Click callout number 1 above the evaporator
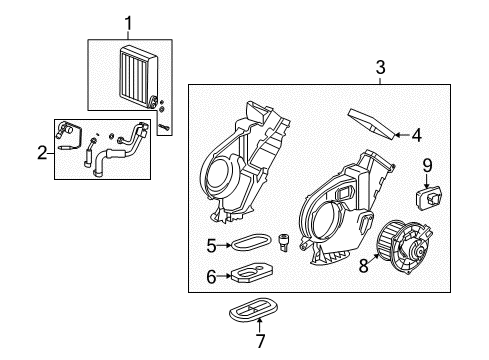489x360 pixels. click(x=127, y=21)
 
